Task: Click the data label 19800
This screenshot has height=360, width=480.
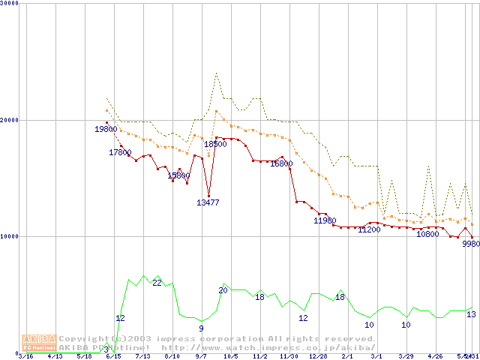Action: (106, 129)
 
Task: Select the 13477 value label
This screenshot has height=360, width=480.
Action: (208, 202)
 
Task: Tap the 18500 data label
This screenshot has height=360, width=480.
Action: (215, 143)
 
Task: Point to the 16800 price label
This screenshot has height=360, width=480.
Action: (281, 163)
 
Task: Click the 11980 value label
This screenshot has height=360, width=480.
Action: (325, 220)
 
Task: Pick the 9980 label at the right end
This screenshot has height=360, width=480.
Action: (471, 244)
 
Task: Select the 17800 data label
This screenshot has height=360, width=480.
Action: (120, 152)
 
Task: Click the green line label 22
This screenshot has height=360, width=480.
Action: (157, 283)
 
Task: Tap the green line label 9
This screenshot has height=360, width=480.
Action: (201, 328)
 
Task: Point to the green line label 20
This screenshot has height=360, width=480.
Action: (223, 290)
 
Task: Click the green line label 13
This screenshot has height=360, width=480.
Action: (471, 314)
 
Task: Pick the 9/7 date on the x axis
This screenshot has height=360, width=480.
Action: (201, 356)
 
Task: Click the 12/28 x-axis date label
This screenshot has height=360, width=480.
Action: (319, 356)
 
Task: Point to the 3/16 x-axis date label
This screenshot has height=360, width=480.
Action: (25, 356)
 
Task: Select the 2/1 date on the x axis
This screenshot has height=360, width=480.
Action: (347, 356)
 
